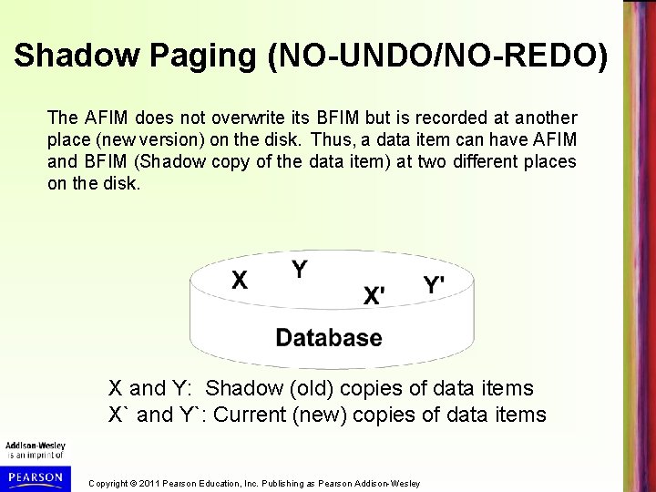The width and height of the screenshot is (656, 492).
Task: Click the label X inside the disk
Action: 239,279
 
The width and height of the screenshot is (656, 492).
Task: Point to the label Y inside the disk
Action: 298,269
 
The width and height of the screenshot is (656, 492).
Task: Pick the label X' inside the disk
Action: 374,295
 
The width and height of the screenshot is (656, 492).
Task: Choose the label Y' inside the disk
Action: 434,284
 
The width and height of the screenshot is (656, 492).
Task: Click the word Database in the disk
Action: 329,338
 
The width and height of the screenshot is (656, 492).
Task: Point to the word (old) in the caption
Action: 308,388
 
